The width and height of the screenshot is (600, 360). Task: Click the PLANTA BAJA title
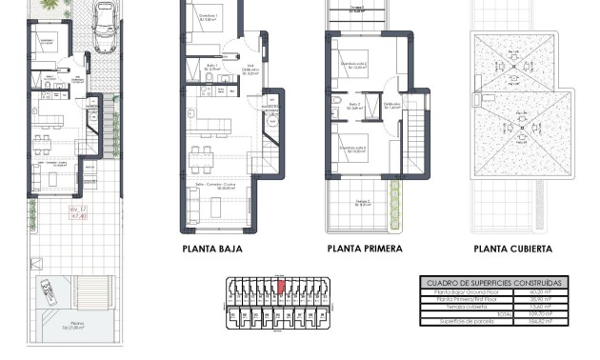click(x=211, y=249)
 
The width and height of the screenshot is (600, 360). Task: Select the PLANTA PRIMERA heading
click(x=364, y=249)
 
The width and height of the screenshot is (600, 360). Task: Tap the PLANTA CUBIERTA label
click(x=512, y=249)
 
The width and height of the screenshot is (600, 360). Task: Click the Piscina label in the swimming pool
click(x=70, y=325)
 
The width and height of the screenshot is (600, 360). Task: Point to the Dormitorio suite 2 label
click(x=354, y=64)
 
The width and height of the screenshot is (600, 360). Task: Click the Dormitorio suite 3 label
click(x=354, y=148)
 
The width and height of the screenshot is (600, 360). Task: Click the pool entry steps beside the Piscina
click(x=44, y=289)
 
